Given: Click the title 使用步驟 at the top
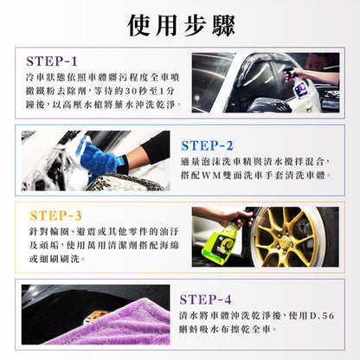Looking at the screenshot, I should [180, 26].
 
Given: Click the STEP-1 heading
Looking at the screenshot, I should [64, 61].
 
